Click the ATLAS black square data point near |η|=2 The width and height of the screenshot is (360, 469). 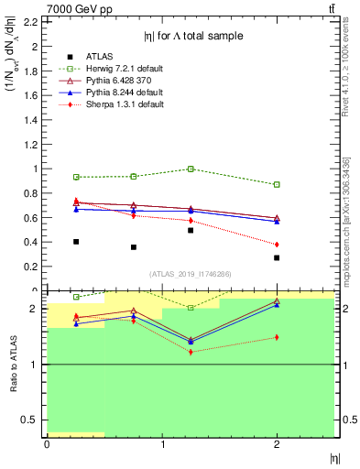[277, 257]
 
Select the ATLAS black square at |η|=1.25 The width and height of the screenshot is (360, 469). [191, 230]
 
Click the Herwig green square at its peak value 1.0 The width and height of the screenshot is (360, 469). [191, 169]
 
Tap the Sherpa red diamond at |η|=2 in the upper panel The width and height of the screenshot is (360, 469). [277, 245]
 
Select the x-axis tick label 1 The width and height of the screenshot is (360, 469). [162, 444]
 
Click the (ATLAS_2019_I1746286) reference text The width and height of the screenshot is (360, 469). [191, 273]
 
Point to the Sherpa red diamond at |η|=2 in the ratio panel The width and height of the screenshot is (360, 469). [277, 337]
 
